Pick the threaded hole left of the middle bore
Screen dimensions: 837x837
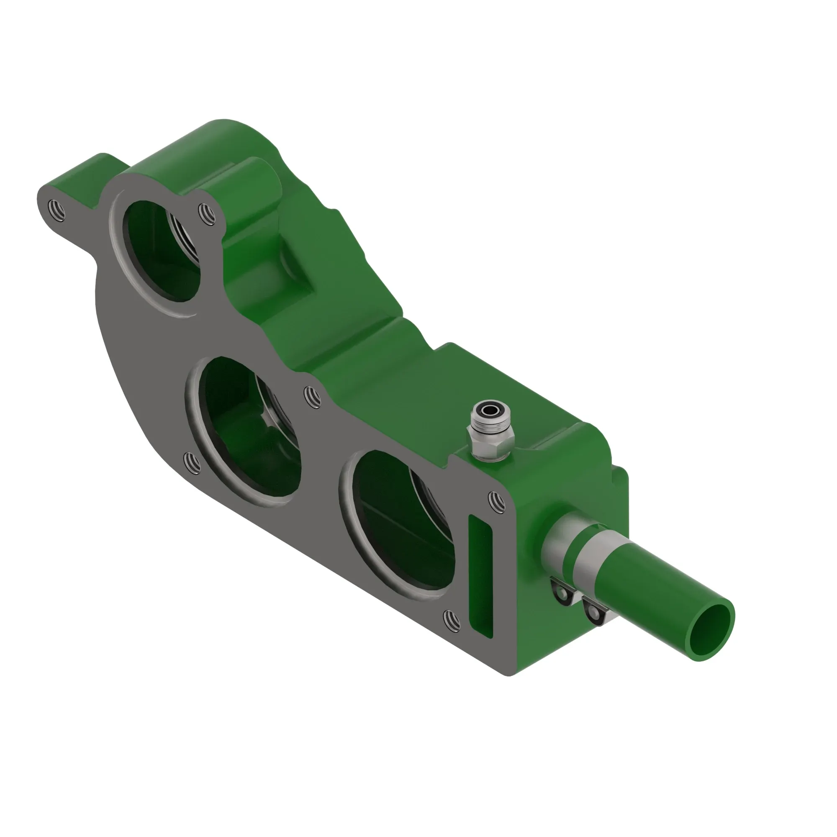coord(192,462)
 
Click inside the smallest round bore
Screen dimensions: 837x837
coord(162,251)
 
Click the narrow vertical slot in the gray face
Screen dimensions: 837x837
coord(480,577)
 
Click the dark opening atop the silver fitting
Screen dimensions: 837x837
coord(490,409)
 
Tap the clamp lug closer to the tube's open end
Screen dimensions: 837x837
coord(594,614)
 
